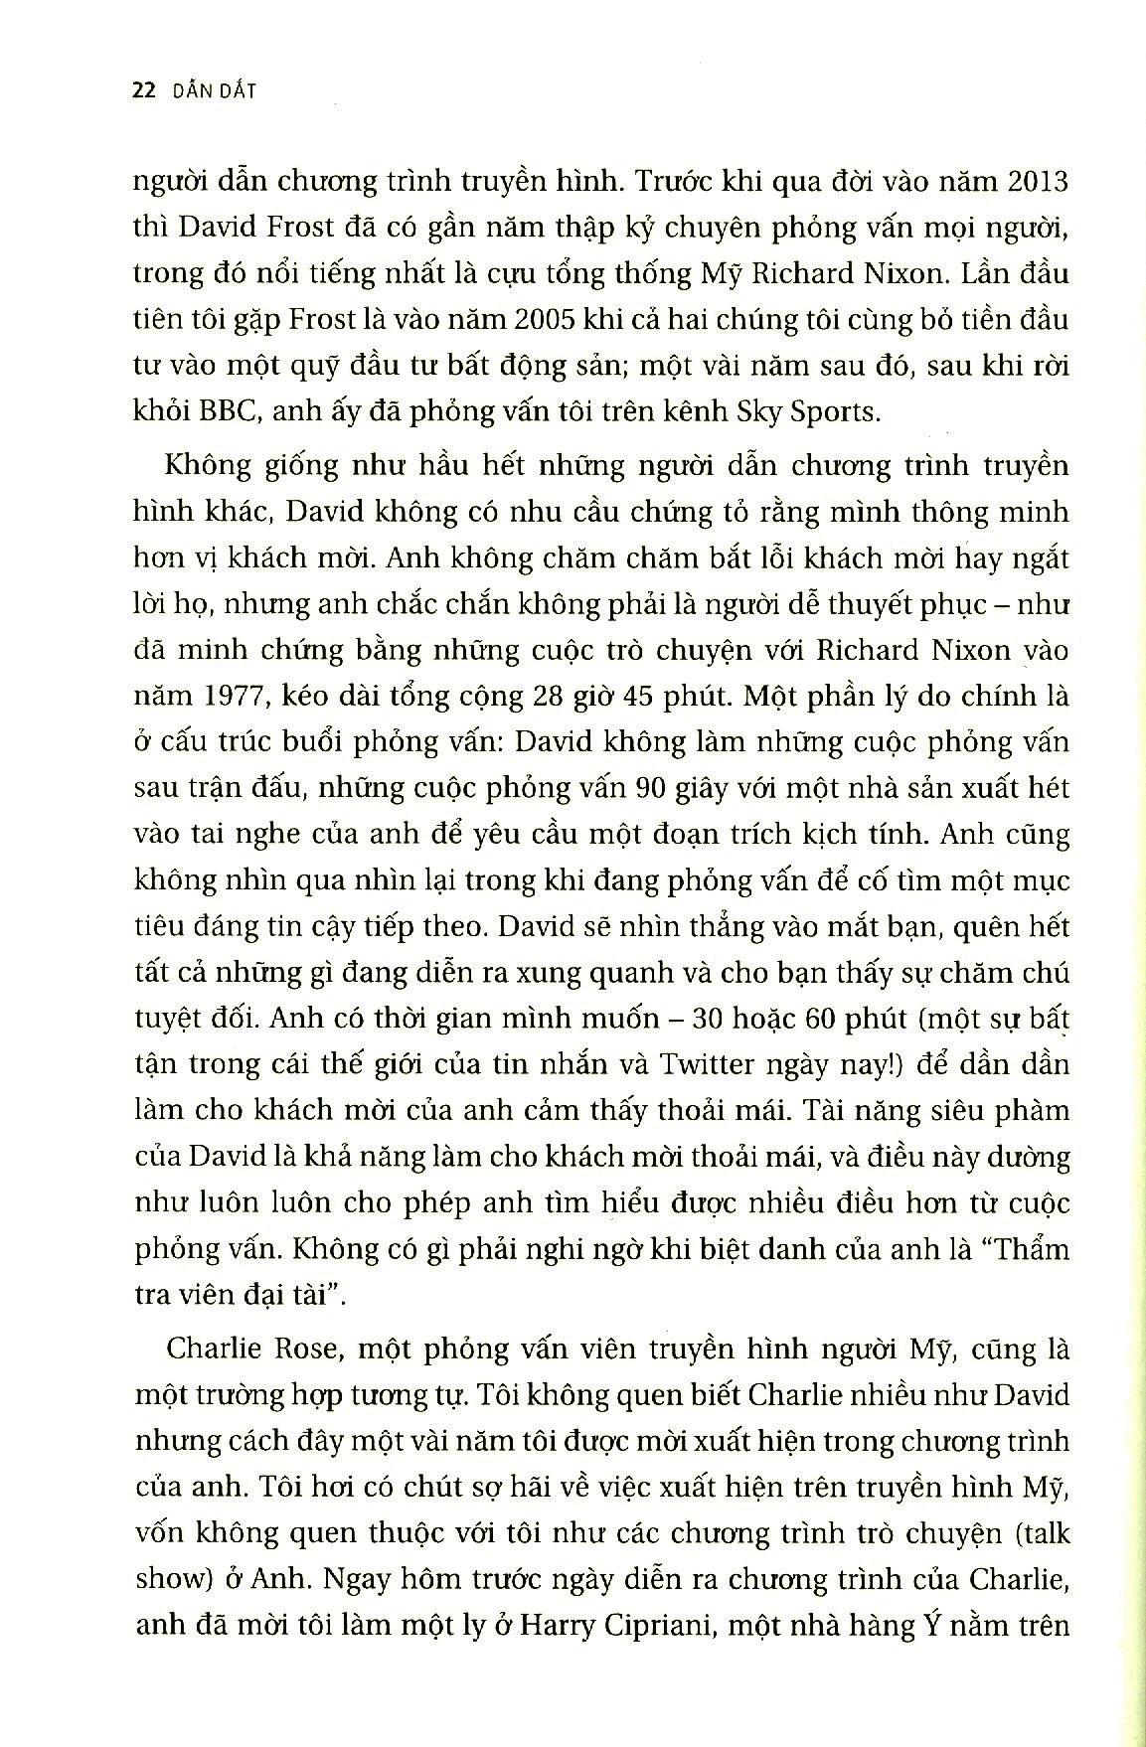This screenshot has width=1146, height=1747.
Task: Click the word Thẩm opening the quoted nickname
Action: tap(1028, 1247)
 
